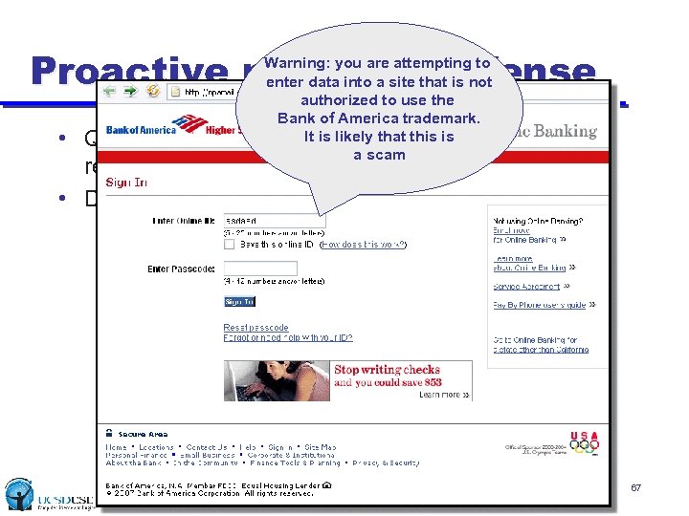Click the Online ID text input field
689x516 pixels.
(x=274, y=220)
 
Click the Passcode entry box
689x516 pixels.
(x=260, y=269)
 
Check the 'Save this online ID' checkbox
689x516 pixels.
(x=229, y=244)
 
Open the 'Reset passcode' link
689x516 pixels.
(x=256, y=328)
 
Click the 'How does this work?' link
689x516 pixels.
(x=363, y=245)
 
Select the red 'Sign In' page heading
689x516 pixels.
(x=126, y=182)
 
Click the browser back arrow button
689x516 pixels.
(x=112, y=92)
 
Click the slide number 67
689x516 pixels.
(x=635, y=488)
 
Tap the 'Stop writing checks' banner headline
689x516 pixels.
(x=387, y=370)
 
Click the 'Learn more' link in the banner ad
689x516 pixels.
(x=443, y=394)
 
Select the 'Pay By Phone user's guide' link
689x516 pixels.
(x=540, y=305)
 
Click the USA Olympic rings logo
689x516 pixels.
(x=584, y=441)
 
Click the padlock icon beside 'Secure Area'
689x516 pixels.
(x=110, y=434)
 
